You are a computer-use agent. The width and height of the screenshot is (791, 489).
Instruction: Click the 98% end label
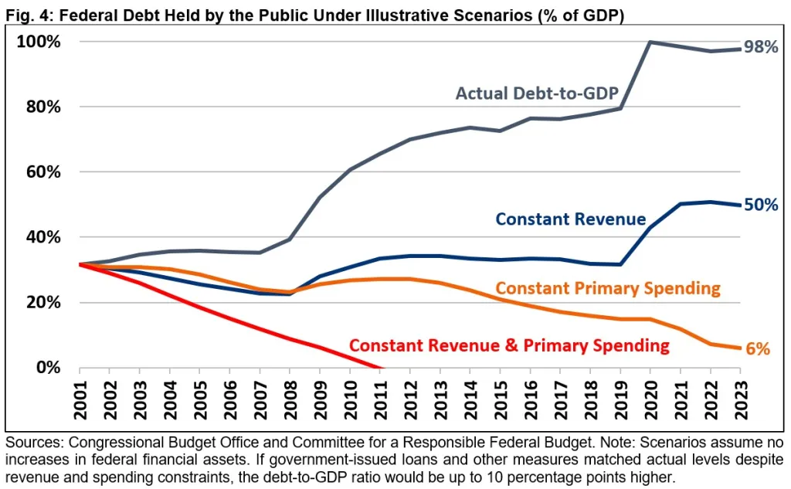pos(761,48)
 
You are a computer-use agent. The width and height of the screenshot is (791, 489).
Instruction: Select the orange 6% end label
pos(759,349)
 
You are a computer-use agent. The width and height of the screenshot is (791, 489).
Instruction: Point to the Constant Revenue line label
pos(570,219)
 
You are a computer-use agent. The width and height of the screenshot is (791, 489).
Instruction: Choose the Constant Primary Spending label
pos(607,289)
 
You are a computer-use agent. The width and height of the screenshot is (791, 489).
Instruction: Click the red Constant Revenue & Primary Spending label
pos(509,345)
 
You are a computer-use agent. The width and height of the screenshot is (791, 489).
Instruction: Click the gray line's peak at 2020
pos(650,42)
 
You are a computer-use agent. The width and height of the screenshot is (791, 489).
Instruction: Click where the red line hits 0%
pos(379,368)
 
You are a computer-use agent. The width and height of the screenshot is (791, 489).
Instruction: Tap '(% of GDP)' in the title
pos(580,15)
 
